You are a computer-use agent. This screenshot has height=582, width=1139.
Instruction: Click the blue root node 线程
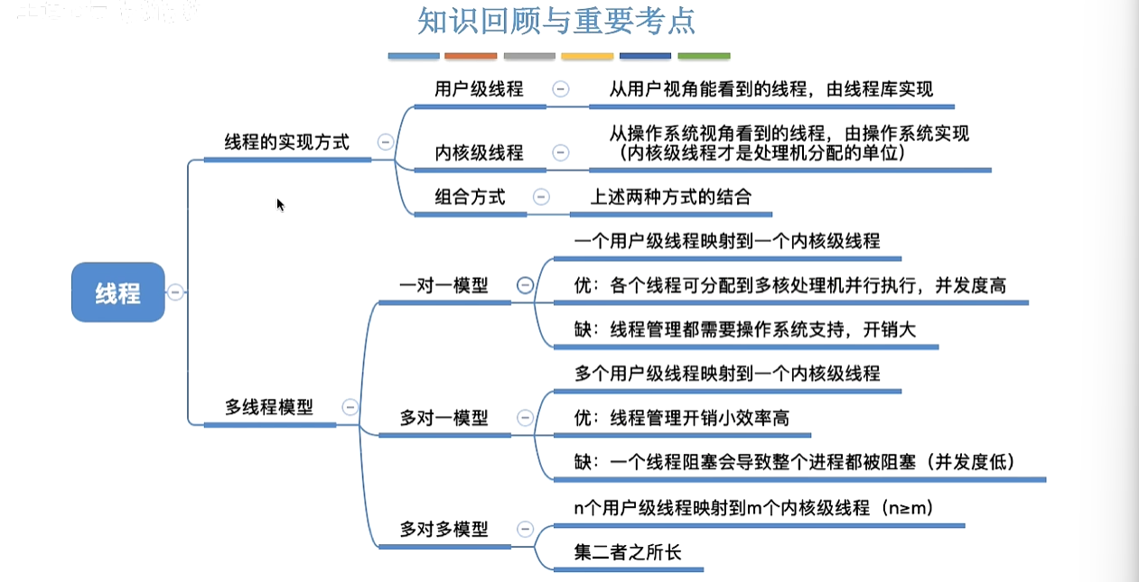click(117, 292)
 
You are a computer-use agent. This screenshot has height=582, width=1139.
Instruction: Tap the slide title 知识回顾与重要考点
click(556, 21)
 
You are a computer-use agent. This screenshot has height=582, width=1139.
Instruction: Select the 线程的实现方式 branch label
click(286, 143)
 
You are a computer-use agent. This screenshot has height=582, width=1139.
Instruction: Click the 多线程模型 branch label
click(269, 407)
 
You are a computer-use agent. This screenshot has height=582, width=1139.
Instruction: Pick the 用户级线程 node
click(479, 89)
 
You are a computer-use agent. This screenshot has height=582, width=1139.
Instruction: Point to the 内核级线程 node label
click(479, 152)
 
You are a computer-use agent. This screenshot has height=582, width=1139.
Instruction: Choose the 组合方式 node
click(470, 197)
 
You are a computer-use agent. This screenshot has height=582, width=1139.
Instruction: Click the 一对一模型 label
click(443, 285)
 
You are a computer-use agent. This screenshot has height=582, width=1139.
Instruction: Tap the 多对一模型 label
click(443, 418)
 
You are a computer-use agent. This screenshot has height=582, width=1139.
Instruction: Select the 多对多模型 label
click(443, 529)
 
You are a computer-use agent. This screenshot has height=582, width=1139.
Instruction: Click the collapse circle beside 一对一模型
click(525, 285)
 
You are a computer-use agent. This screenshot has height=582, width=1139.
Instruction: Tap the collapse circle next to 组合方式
click(541, 197)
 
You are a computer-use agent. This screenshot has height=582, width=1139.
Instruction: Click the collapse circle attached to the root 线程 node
click(175, 292)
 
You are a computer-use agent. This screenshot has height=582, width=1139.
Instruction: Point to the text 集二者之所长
click(628, 551)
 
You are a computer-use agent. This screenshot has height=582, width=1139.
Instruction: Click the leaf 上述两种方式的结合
click(671, 197)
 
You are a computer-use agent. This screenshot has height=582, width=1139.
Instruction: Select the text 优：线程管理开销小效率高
click(686, 417)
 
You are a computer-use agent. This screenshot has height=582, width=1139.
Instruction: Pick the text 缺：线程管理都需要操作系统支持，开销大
click(745, 329)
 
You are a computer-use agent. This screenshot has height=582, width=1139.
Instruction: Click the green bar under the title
click(704, 56)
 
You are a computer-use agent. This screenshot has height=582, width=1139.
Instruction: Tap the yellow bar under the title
click(587, 56)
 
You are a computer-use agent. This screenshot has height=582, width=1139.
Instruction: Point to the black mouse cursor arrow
click(280, 204)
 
